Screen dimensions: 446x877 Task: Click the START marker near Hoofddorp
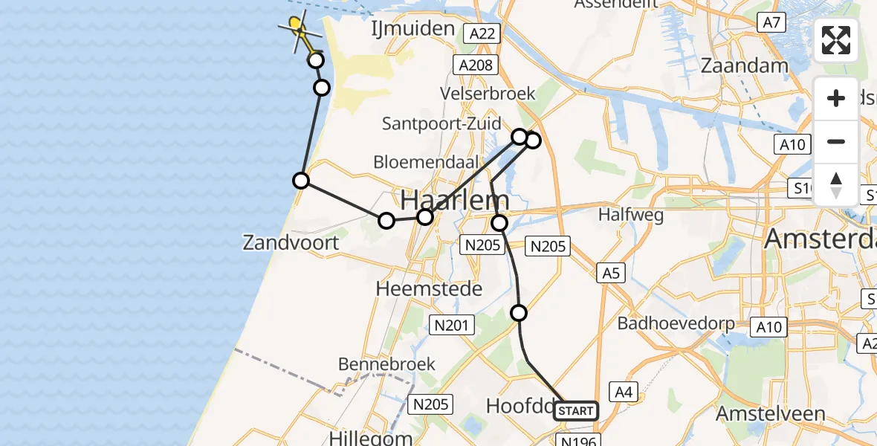tap(575, 411)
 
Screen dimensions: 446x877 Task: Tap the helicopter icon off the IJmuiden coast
tap(299, 30)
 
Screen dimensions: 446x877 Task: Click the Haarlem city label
tap(456, 200)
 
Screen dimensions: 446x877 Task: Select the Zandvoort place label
tap(291, 242)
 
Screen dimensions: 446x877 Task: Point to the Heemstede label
tap(430, 288)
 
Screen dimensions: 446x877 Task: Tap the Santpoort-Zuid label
tap(441, 123)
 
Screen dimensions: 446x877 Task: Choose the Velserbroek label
tap(488, 94)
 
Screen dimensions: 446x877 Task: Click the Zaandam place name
tap(745, 65)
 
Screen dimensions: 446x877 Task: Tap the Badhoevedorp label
tap(676, 323)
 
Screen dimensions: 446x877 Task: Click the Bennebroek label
tap(386, 364)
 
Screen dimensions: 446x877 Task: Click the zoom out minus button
tap(836, 141)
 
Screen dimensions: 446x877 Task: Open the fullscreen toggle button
tap(836, 40)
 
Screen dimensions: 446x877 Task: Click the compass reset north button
tap(836, 184)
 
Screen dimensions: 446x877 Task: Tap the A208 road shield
tap(476, 65)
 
